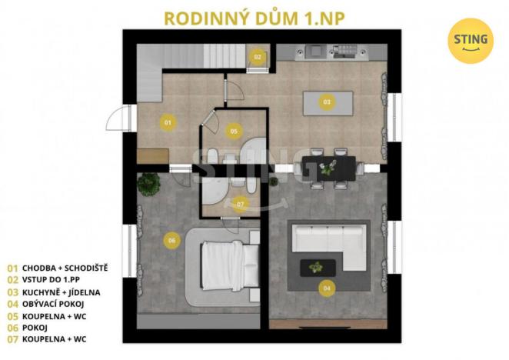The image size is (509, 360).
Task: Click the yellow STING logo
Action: point(470,41)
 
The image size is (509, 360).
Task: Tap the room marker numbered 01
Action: point(166,122)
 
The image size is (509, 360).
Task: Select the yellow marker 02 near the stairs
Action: point(258,56)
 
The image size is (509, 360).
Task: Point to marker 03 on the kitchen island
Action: point(327,102)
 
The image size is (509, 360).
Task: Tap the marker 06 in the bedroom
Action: point(171,241)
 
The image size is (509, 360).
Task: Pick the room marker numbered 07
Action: point(240,204)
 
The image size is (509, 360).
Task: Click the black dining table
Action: point(329,167)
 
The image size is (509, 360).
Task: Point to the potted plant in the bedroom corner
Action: point(148,183)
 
